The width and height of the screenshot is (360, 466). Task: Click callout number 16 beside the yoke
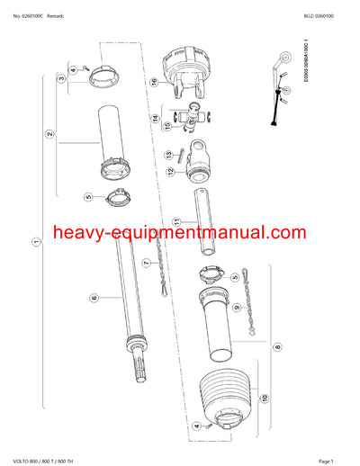[154, 82]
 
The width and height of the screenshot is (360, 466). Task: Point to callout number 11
[177, 221]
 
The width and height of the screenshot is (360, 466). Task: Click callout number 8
[277, 345]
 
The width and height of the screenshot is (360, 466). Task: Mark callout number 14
[156, 118]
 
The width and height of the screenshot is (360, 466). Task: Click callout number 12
[167, 172]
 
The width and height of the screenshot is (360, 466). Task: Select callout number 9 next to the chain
[237, 307]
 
